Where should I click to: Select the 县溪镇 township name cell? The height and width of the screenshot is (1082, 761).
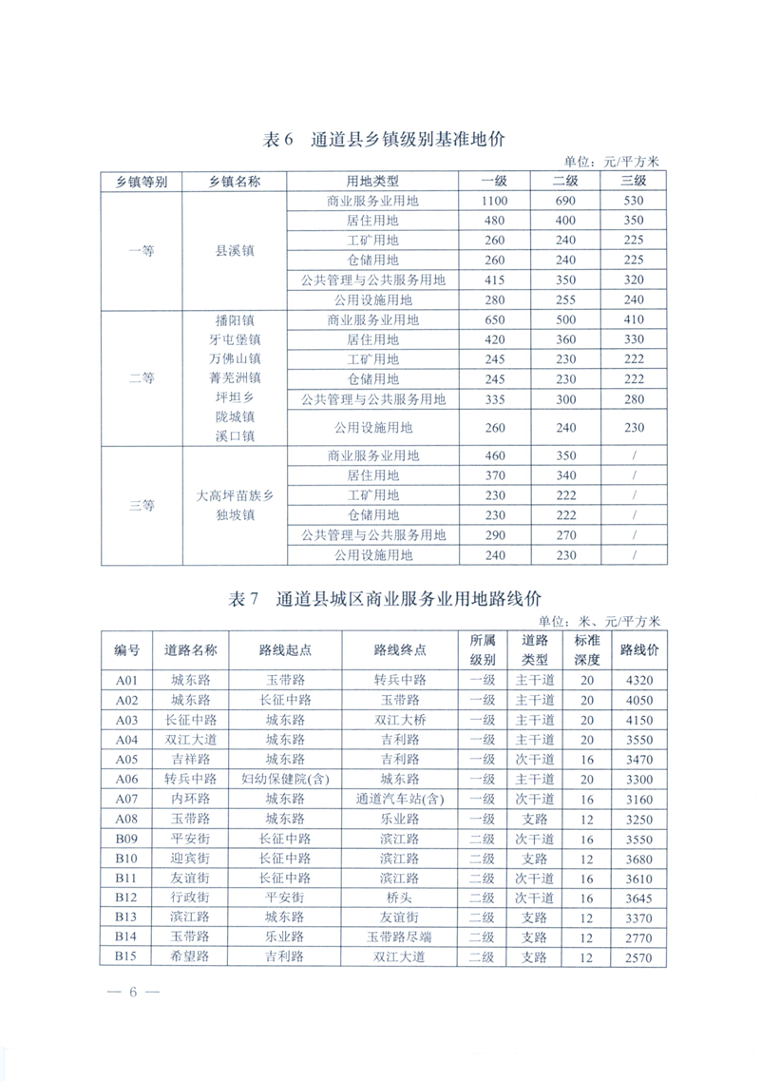[235, 251]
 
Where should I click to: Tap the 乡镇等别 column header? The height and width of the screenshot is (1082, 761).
[142, 181]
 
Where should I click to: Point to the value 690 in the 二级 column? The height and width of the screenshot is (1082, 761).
[565, 201]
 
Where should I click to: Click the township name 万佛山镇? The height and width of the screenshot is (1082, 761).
[235, 358]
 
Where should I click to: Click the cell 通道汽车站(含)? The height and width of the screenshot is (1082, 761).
[399, 800]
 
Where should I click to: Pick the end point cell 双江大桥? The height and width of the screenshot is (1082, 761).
[399, 720]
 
